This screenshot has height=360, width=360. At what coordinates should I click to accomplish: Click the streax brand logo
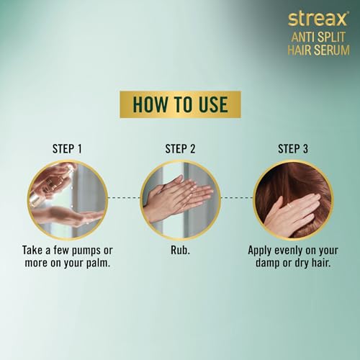318,19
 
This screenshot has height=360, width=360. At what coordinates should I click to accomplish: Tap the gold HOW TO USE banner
180,104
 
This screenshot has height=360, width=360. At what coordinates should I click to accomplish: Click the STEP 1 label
67,149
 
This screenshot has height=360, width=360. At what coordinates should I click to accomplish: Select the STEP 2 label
180,149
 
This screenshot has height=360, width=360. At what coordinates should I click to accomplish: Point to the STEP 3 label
293,149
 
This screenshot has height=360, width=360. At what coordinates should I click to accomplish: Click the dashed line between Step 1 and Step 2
124,198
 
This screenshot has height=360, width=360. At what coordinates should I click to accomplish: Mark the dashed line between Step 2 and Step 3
237,198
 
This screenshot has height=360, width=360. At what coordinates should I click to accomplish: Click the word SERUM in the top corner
331,50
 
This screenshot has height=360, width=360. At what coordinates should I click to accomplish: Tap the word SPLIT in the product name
331,37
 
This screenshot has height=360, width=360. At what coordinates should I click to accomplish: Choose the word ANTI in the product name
303,37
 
